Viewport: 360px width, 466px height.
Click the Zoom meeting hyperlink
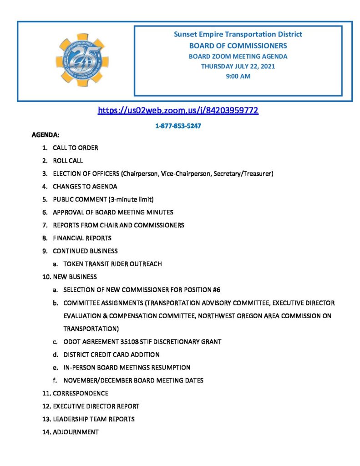pos(178,111)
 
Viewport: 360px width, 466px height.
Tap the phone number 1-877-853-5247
pos(178,126)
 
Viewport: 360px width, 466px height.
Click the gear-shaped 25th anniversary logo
pos(82,60)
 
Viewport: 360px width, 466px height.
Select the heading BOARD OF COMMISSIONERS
pos(238,46)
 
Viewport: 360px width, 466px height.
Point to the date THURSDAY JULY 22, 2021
pos(238,66)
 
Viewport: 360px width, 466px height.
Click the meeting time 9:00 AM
pos(238,76)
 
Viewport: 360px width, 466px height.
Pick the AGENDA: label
pos(45,135)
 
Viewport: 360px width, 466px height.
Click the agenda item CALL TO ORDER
pos(76,148)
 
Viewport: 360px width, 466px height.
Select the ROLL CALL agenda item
pos(68,161)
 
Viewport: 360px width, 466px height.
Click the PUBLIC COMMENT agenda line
pos(103,199)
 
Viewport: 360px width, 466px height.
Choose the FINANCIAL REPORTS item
pos(82,238)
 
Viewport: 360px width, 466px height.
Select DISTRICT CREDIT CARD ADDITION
pos(112,355)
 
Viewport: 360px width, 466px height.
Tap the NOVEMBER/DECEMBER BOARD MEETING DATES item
pos(133,380)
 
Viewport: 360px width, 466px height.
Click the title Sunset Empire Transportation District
pos(238,35)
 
